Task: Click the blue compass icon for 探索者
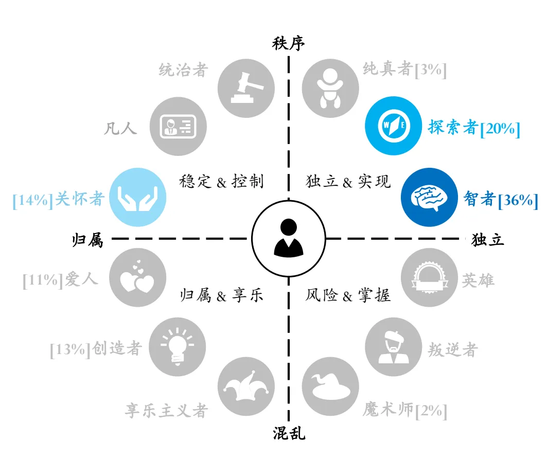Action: point(394,126)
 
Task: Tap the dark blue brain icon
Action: point(430,197)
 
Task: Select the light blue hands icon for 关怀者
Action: point(138,197)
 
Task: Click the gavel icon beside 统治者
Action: point(246,89)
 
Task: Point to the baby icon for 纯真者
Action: point(330,89)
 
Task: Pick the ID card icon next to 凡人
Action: point(178,127)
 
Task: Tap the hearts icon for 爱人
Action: point(138,277)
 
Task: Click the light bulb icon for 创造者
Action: point(178,347)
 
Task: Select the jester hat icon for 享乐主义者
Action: point(246,386)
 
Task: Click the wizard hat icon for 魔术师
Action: point(330,386)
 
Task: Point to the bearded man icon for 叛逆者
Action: point(394,347)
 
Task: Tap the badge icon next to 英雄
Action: point(430,277)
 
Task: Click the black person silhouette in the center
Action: point(289,238)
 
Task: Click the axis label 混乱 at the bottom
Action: point(289,433)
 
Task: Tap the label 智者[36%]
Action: point(501,199)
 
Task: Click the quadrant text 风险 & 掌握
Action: point(348,295)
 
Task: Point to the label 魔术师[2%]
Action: point(404,410)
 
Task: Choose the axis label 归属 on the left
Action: point(87,240)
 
